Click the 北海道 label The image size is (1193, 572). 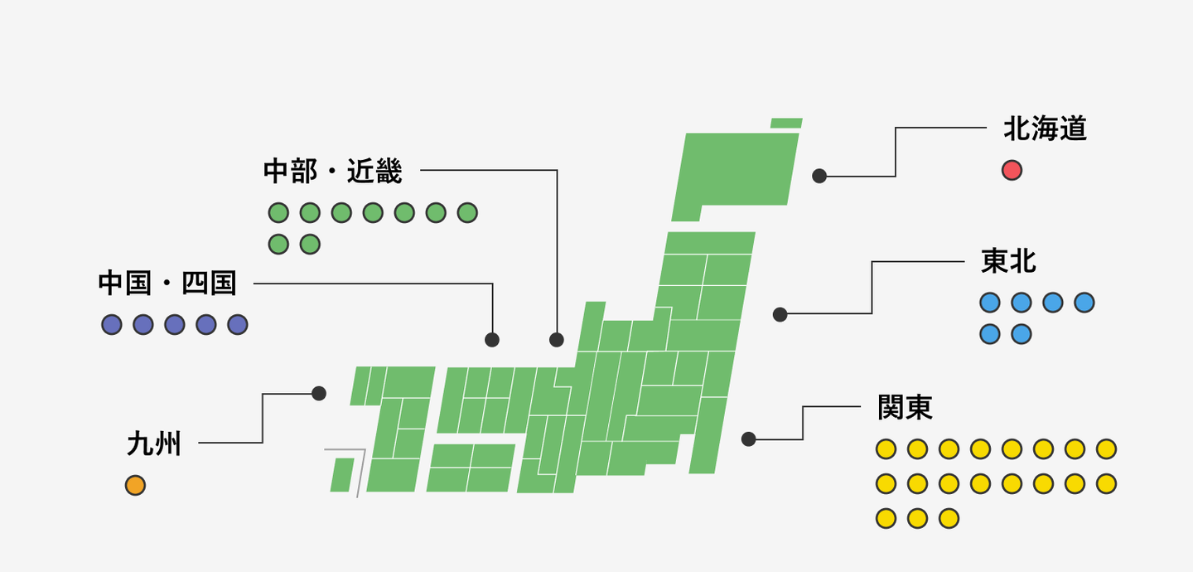[1045, 129]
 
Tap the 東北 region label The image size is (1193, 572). [1008, 261]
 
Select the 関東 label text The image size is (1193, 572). [905, 408]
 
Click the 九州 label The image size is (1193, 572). [154, 444]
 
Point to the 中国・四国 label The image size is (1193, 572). [167, 283]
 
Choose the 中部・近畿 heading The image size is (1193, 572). [333, 171]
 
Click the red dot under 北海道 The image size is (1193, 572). [1012, 171]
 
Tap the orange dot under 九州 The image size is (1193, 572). [135, 486]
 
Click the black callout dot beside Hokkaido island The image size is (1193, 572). [819, 176]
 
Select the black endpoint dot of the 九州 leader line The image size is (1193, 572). [319, 394]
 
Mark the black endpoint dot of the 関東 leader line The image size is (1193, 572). [749, 439]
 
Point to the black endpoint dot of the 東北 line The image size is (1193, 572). [780, 314]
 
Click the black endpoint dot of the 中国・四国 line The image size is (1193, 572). [492, 340]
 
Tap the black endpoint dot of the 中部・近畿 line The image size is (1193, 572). [557, 340]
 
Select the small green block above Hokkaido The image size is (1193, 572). [786, 124]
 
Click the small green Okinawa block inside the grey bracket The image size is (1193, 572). [342, 474]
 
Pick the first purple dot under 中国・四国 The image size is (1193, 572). [112, 325]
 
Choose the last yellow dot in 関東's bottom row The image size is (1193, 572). [949, 518]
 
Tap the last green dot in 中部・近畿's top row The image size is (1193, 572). [467, 213]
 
